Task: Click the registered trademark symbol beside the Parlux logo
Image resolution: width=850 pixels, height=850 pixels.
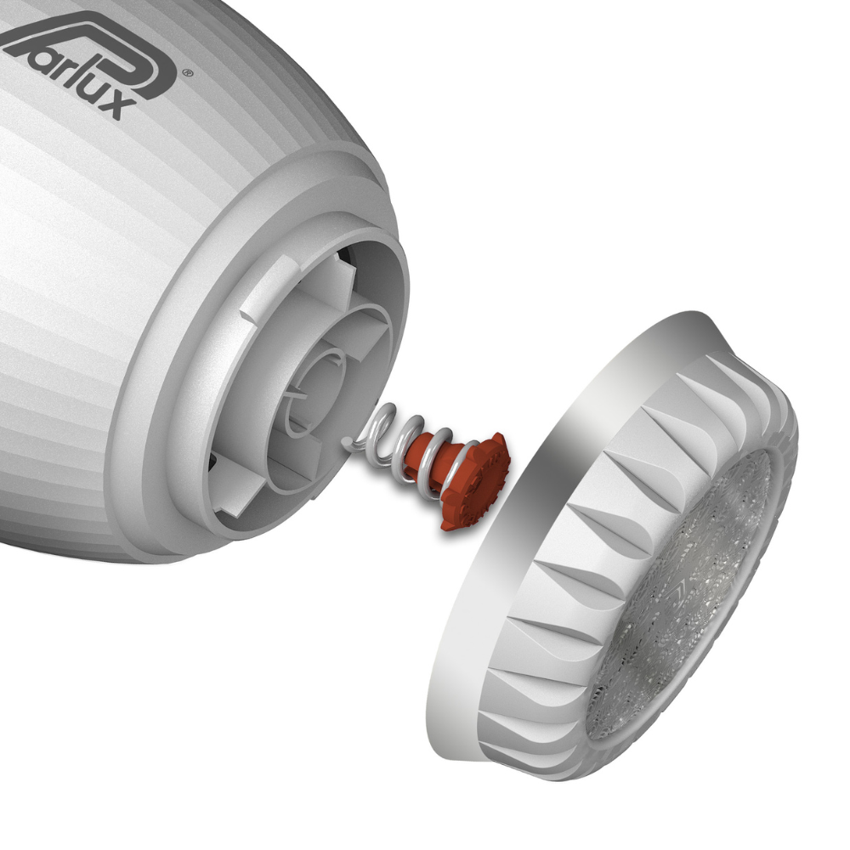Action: click(188, 74)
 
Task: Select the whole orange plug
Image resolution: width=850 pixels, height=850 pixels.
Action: click(459, 472)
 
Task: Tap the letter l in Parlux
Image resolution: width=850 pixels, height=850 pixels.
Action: click(59, 72)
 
